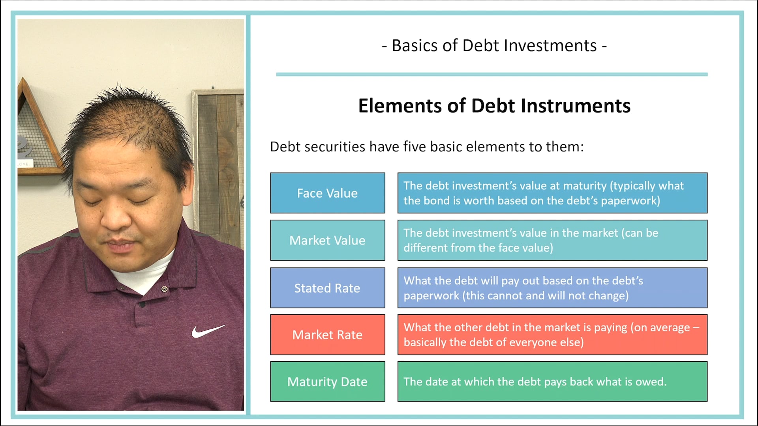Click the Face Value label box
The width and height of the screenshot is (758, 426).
[327, 193]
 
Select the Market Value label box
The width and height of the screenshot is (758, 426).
[327, 240]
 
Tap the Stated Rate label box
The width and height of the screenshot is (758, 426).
[327, 288]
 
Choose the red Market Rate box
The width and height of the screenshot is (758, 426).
[327, 335]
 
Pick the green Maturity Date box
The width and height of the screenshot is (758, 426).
[327, 382]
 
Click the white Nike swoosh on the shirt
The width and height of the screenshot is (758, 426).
[208, 331]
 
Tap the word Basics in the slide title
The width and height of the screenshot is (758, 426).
[415, 46]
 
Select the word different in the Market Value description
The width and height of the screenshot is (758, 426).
[426, 248]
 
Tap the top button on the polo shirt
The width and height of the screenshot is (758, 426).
[165, 289]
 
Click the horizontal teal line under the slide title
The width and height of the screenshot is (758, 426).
[492, 74]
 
